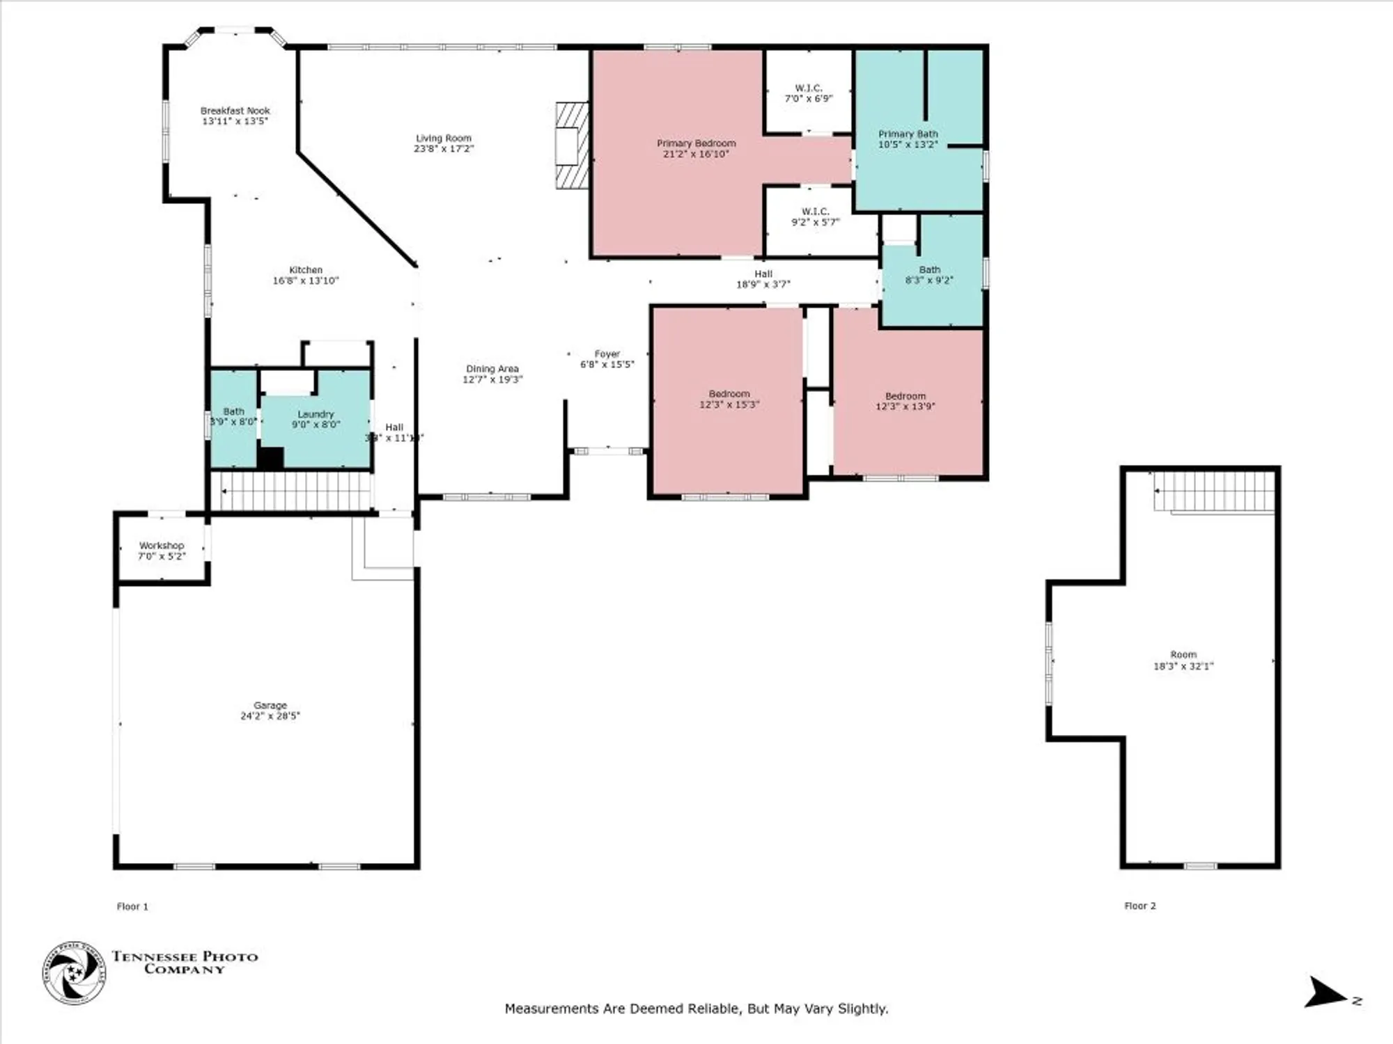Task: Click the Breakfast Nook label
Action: click(235, 111)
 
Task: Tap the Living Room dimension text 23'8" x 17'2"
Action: click(444, 149)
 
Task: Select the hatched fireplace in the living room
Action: click(572, 145)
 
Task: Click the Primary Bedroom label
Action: click(696, 143)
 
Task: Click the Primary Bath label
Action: click(908, 134)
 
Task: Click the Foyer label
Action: click(607, 354)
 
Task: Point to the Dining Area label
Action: click(492, 369)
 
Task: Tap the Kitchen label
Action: click(306, 270)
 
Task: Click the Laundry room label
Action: click(316, 414)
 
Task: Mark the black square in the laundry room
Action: click(271, 458)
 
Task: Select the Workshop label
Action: click(162, 546)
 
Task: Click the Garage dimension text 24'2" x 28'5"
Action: click(270, 715)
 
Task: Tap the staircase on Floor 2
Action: click(1214, 492)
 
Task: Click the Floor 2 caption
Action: click(1139, 905)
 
